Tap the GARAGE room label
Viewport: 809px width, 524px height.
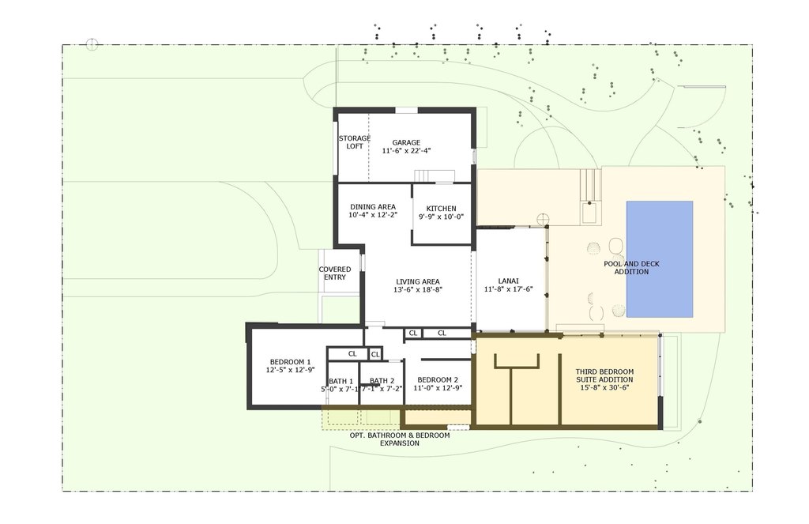pyautogui.click(x=406, y=143)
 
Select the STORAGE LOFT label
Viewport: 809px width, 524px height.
pyautogui.click(x=355, y=142)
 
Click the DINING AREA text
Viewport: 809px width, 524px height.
pyautogui.click(x=373, y=207)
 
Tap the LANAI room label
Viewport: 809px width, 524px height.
pyautogui.click(x=508, y=281)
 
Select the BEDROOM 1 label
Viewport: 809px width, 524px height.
pyautogui.click(x=290, y=361)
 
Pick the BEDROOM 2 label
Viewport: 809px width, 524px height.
pyautogui.click(x=437, y=379)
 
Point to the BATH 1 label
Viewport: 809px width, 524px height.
pyautogui.click(x=341, y=381)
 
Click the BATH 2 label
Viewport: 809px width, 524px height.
pyautogui.click(x=382, y=381)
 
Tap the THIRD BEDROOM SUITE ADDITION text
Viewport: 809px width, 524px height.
pyautogui.click(x=604, y=375)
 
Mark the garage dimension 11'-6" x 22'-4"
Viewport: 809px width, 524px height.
pyautogui.click(x=406, y=150)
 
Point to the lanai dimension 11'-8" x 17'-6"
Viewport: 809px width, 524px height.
pyautogui.click(x=508, y=289)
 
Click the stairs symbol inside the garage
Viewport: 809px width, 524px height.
pyautogui.click(x=435, y=175)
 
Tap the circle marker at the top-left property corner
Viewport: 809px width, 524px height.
pyautogui.click(x=92, y=43)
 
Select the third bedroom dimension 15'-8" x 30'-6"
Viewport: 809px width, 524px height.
pyautogui.click(x=604, y=388)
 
